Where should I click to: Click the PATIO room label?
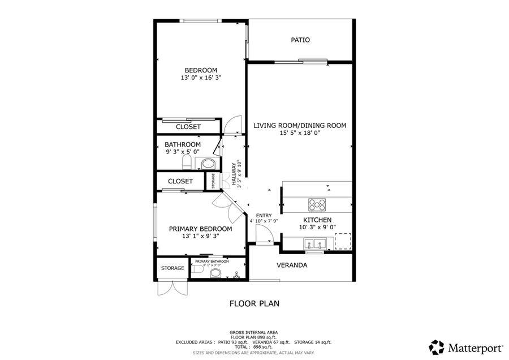[300, 40]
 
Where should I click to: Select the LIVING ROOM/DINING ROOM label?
[299, 126]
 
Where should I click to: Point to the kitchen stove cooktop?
[317, 204]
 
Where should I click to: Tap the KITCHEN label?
[317, 220]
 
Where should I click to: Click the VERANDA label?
[292, 265]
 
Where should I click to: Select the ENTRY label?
[264, 215]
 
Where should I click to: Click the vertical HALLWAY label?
[233, 175]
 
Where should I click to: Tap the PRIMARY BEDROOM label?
[200, 229]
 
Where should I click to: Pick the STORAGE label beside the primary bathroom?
[172, 268]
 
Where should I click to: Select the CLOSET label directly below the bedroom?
[188, 127]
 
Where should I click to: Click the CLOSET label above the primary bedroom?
[180, 181]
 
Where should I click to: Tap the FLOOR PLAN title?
[254, 303]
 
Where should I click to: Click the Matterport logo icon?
[437, 346]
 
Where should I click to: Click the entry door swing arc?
[262, 232]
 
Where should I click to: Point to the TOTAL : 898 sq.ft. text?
[254, 346]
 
